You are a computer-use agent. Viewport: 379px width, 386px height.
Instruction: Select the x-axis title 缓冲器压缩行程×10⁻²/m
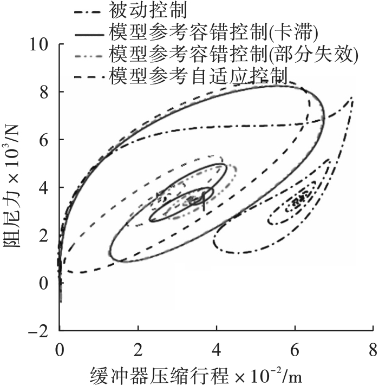201,373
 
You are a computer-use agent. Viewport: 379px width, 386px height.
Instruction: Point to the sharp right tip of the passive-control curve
352,97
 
